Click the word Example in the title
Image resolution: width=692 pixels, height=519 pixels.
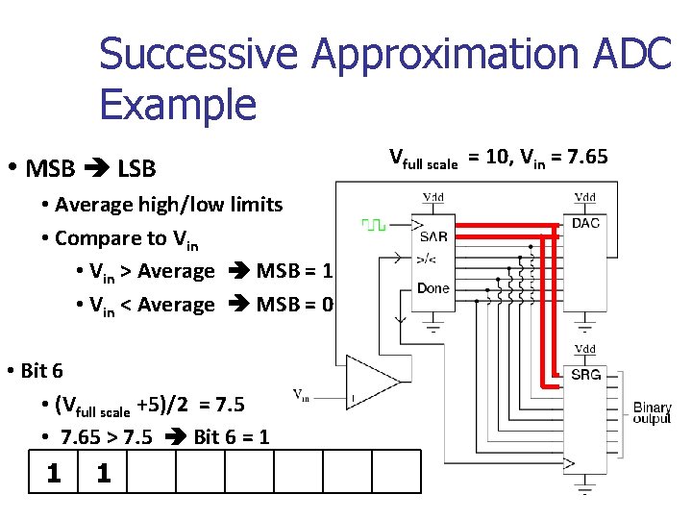click(178, 104)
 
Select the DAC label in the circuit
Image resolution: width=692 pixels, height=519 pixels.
click(585, 224)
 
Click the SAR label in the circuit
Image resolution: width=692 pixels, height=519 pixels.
click(433, 235)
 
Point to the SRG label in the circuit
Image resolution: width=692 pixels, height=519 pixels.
click(585, 374)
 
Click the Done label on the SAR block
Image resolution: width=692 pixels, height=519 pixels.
click(433, 288)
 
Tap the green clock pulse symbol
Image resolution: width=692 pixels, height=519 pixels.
click(373, 225)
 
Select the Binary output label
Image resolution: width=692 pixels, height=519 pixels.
click(652, 414)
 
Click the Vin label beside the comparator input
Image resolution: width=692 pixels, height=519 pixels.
click(301, 394)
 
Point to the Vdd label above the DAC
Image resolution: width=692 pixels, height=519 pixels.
click(584, 198)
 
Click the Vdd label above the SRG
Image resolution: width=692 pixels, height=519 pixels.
click(584, 349)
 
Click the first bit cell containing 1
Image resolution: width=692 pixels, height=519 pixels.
click(54, 472)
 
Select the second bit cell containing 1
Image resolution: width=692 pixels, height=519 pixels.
click(103, 472)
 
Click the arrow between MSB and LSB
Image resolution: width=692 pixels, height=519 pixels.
click(96, 170)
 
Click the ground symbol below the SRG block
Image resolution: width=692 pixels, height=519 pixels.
click(584, 493)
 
